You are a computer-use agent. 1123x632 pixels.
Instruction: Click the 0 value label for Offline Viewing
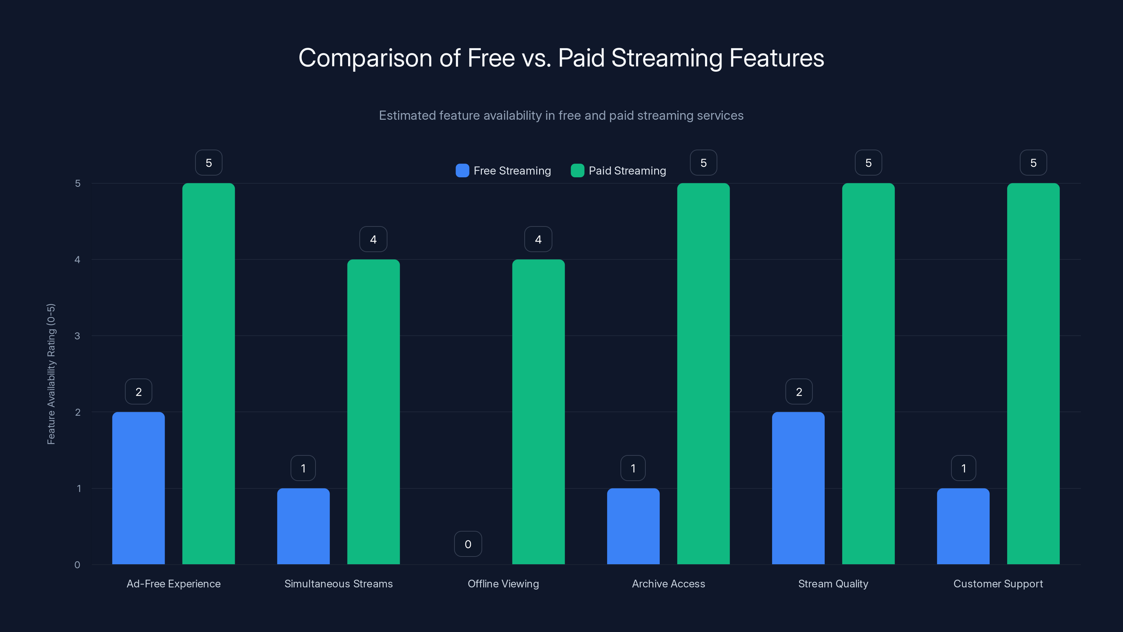tap(468, 544)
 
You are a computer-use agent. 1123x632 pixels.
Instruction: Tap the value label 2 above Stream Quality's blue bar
tap(799, 392)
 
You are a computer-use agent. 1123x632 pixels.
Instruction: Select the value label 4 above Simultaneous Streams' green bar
tap(373, 239)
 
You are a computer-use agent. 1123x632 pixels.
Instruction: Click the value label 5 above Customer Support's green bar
tap(1033, 163)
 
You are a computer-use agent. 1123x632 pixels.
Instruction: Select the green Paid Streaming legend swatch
tap(577, 171)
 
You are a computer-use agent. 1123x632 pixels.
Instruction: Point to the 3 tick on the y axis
tap(77, 336)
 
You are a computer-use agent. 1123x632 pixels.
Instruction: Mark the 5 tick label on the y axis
tap(78, 183)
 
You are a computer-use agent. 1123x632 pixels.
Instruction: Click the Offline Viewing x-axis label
tap(503, 584)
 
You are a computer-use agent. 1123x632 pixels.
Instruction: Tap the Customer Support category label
tap(998, 584)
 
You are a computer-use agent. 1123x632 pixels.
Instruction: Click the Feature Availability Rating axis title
tap(51, 374)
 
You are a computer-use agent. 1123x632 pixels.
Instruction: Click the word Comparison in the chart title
tap(365, 58)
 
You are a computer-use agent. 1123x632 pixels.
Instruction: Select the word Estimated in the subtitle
tap(407, 116)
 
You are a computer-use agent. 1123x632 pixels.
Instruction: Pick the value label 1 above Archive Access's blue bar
tap(633, 468)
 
